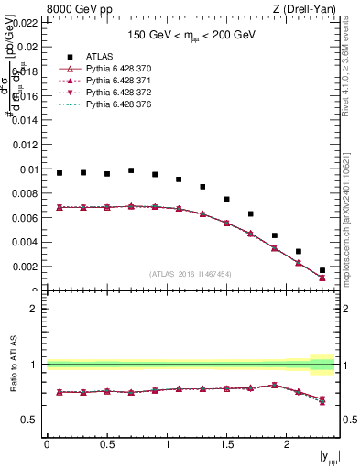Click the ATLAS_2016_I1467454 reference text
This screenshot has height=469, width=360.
click(191, 273)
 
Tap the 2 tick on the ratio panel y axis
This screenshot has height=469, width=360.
click(36, 309)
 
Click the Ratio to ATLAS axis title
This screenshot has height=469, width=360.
click(12, 365)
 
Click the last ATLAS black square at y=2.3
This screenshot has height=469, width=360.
click(322, 270)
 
